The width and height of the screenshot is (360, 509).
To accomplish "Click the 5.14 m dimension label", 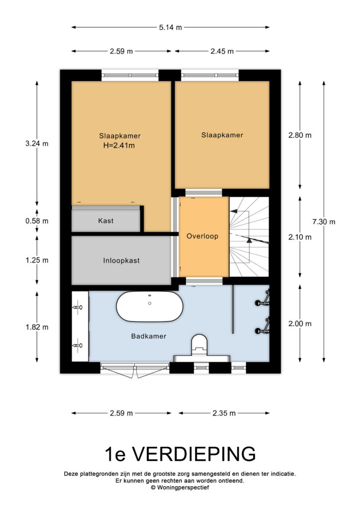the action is [x=170, y=28].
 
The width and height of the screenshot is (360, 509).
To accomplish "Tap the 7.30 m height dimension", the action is [x=324, y=222].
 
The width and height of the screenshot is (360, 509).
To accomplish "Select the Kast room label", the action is [x=106, y=221].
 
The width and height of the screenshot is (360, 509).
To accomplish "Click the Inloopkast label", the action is [x=121, y=260].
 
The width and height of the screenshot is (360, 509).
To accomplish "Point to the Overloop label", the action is [x=202, y=236].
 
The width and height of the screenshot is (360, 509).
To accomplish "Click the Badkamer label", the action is [x=149, y=336].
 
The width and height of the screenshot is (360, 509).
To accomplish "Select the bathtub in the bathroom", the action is [x=150, y=306].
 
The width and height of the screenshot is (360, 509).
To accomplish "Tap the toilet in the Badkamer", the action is [x=199, y=345].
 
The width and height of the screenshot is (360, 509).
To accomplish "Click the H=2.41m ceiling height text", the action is [x=119, y=146].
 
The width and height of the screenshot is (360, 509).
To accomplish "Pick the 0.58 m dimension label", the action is [x=37, y=221].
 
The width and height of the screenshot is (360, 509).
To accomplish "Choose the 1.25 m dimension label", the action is [x=37, y=260].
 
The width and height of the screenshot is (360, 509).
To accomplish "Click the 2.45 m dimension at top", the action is [x=222, y=51].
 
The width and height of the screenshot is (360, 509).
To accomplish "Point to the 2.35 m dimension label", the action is [x=224, y=413].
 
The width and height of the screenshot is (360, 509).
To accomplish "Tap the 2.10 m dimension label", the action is [x=300, y=237].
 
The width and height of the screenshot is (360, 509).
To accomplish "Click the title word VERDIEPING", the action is [x=194, y=454].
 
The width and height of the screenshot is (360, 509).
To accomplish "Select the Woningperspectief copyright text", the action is [x=180, y=488].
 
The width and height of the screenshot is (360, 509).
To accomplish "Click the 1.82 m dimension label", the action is [x=37, y=327].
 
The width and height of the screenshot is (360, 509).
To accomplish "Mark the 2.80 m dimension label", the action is [x=300, y=135].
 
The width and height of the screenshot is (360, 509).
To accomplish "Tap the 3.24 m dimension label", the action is [x=37, y=143].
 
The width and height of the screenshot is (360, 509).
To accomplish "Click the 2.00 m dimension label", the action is [x=300, y=324].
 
